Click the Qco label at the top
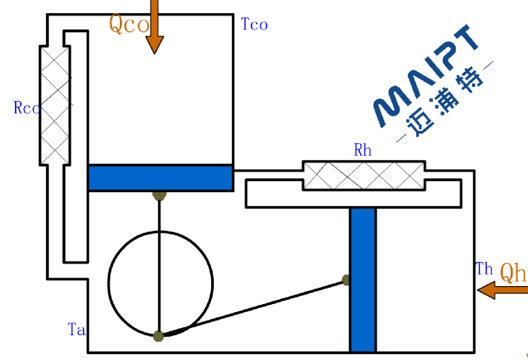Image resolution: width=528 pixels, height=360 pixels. [x=128, y=24]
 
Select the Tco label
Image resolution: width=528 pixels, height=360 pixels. [x=254, y=24]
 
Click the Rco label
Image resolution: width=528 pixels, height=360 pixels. [x=26, y=108]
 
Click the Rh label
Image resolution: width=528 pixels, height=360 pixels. [x=363, y=151]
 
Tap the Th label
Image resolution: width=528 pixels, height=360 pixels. [x=484, y=269]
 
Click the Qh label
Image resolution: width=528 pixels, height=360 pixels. [x=513, y=273]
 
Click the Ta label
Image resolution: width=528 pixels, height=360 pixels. [x=77, y=329]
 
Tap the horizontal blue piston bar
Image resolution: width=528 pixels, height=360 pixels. [x=161, y=178]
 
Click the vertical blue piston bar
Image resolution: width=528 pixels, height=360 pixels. [x=363, y=280]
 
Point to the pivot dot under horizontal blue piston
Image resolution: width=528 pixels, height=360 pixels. [x=159, y=195]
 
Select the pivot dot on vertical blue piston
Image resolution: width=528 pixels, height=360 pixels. [x=346, y=280]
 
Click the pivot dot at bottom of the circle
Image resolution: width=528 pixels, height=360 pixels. [x=158, y=336]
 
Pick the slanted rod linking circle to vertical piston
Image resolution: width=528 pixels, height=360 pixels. [x=253, y=308]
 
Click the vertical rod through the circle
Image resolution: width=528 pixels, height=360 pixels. [x=159, y=264]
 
